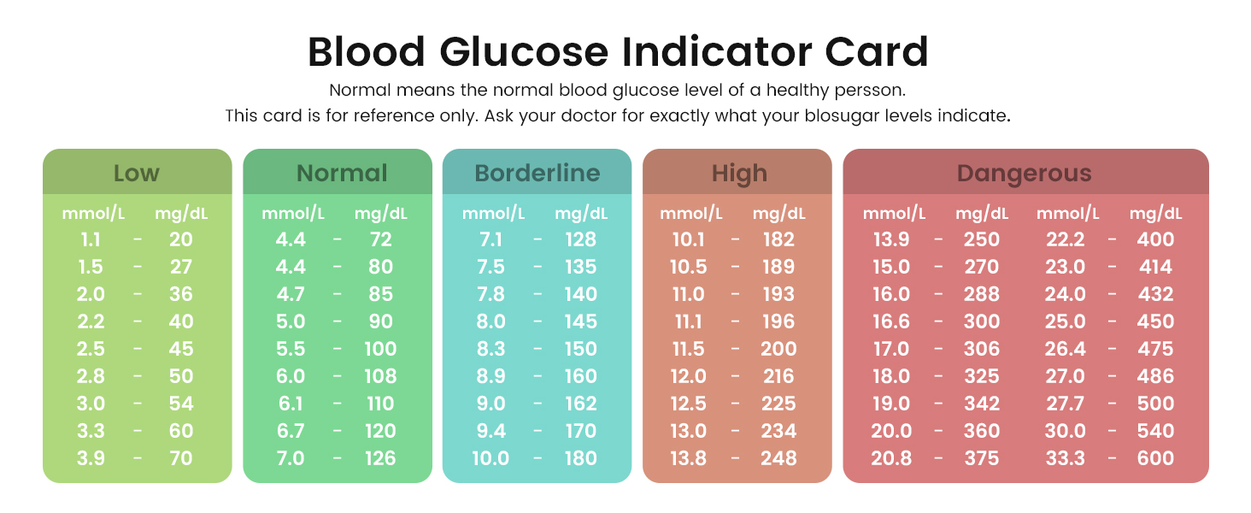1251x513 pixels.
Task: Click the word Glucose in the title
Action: (x=524, y=52)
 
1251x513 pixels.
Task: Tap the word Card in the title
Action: (x=876, y=52)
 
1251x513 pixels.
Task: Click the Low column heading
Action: (x=137, y=174)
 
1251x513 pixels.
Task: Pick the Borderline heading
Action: (x=537, y=174)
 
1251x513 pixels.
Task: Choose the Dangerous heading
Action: (x=1025, y=174)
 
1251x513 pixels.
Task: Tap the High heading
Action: (x=739, y=174)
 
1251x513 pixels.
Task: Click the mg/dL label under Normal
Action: (x=381, y=214)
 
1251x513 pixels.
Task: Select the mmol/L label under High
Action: (x=691, y=214)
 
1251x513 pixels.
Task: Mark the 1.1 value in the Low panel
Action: (x=91, y=239)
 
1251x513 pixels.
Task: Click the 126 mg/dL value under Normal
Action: (x=380, y=458)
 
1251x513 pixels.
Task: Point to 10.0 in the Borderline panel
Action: (x=490, y=458)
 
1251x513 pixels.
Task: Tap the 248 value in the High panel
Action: (x=778, y=458)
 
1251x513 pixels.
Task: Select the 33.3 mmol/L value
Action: (x=1065, y=458)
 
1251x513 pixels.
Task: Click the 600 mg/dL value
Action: (x=1155, y=458)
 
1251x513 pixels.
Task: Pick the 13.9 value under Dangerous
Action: (x=891, y=239)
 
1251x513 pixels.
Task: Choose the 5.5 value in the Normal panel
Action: (x=291, y=349)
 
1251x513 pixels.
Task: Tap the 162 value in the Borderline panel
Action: (x=581, y=404)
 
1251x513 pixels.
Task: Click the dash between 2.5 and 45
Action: (x=138, y=349)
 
